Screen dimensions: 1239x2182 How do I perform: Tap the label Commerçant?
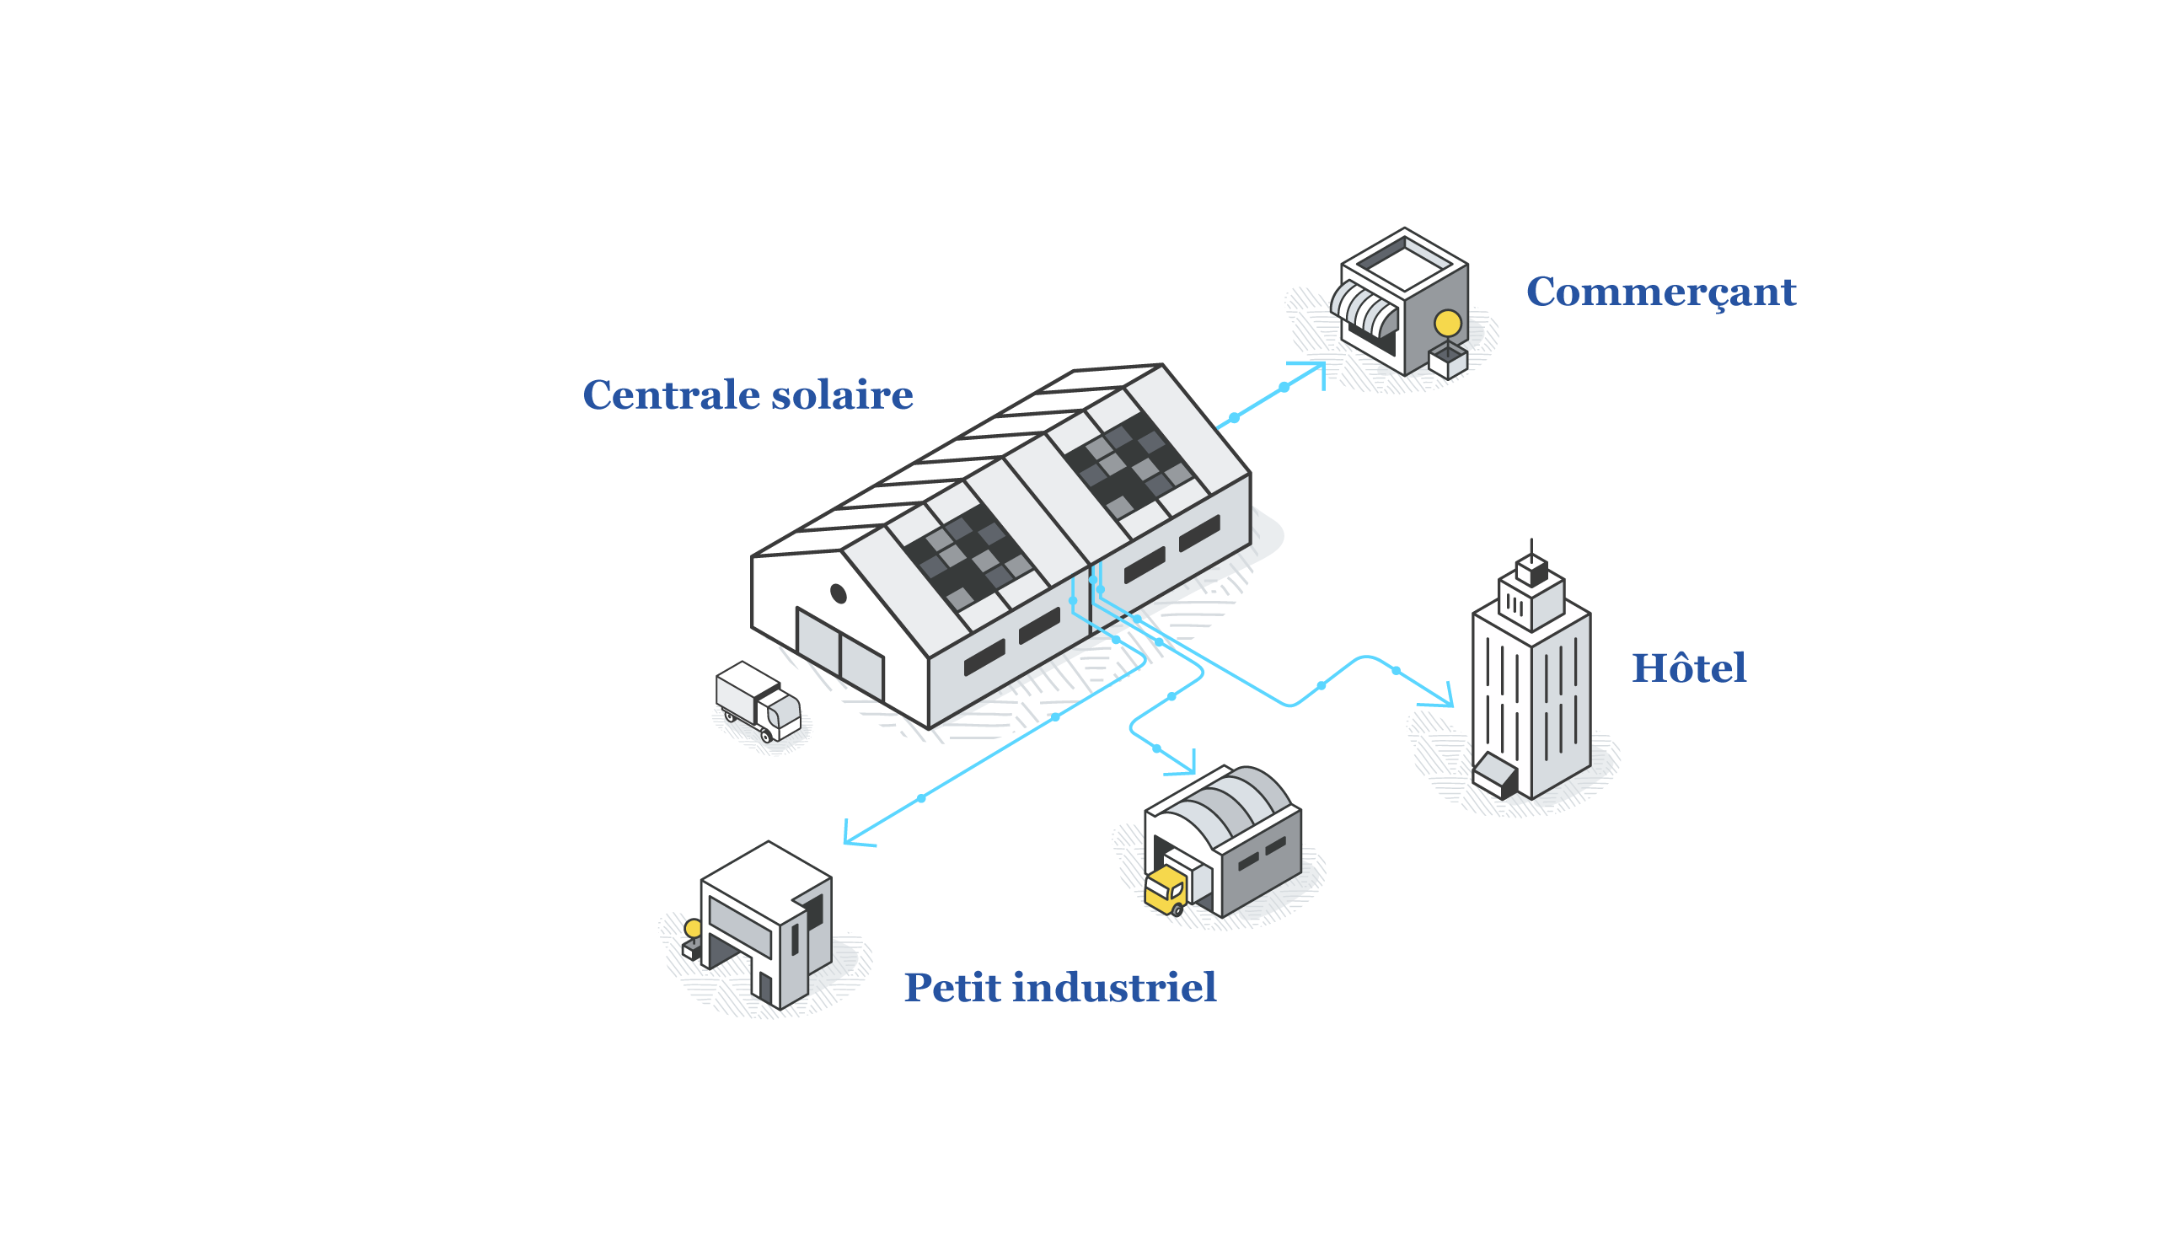pyautogui.click(x=1659, y=292)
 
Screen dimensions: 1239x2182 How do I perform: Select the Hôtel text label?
pyautogui.click(x=1688, y=669)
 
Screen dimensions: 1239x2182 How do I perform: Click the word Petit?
pyautogui.click(x=951, y=988)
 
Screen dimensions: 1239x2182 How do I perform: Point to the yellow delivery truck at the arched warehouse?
pyautogui.click(x=1165, y=889)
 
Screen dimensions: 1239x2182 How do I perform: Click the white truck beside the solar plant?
pyautogui.click(x=757, y=701)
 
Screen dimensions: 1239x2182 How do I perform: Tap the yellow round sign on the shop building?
pyautogui.click(x=1447, y=324)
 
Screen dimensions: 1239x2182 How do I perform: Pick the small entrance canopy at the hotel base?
pyautogui.click(x=1494, y=774)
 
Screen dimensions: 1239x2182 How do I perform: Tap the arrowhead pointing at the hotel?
pyautogui.click(x=1444, y=700)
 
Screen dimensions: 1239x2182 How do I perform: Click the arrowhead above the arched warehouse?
pyautogui.click(x=1188, y=766)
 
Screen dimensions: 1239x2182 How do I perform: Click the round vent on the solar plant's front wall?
pyautogui.click(x=838, y=593)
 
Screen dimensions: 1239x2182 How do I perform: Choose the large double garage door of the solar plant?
pyautogui.click(x=839, y=655)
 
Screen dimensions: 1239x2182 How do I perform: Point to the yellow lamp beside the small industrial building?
pyautogui.click(x=694, y=927)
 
